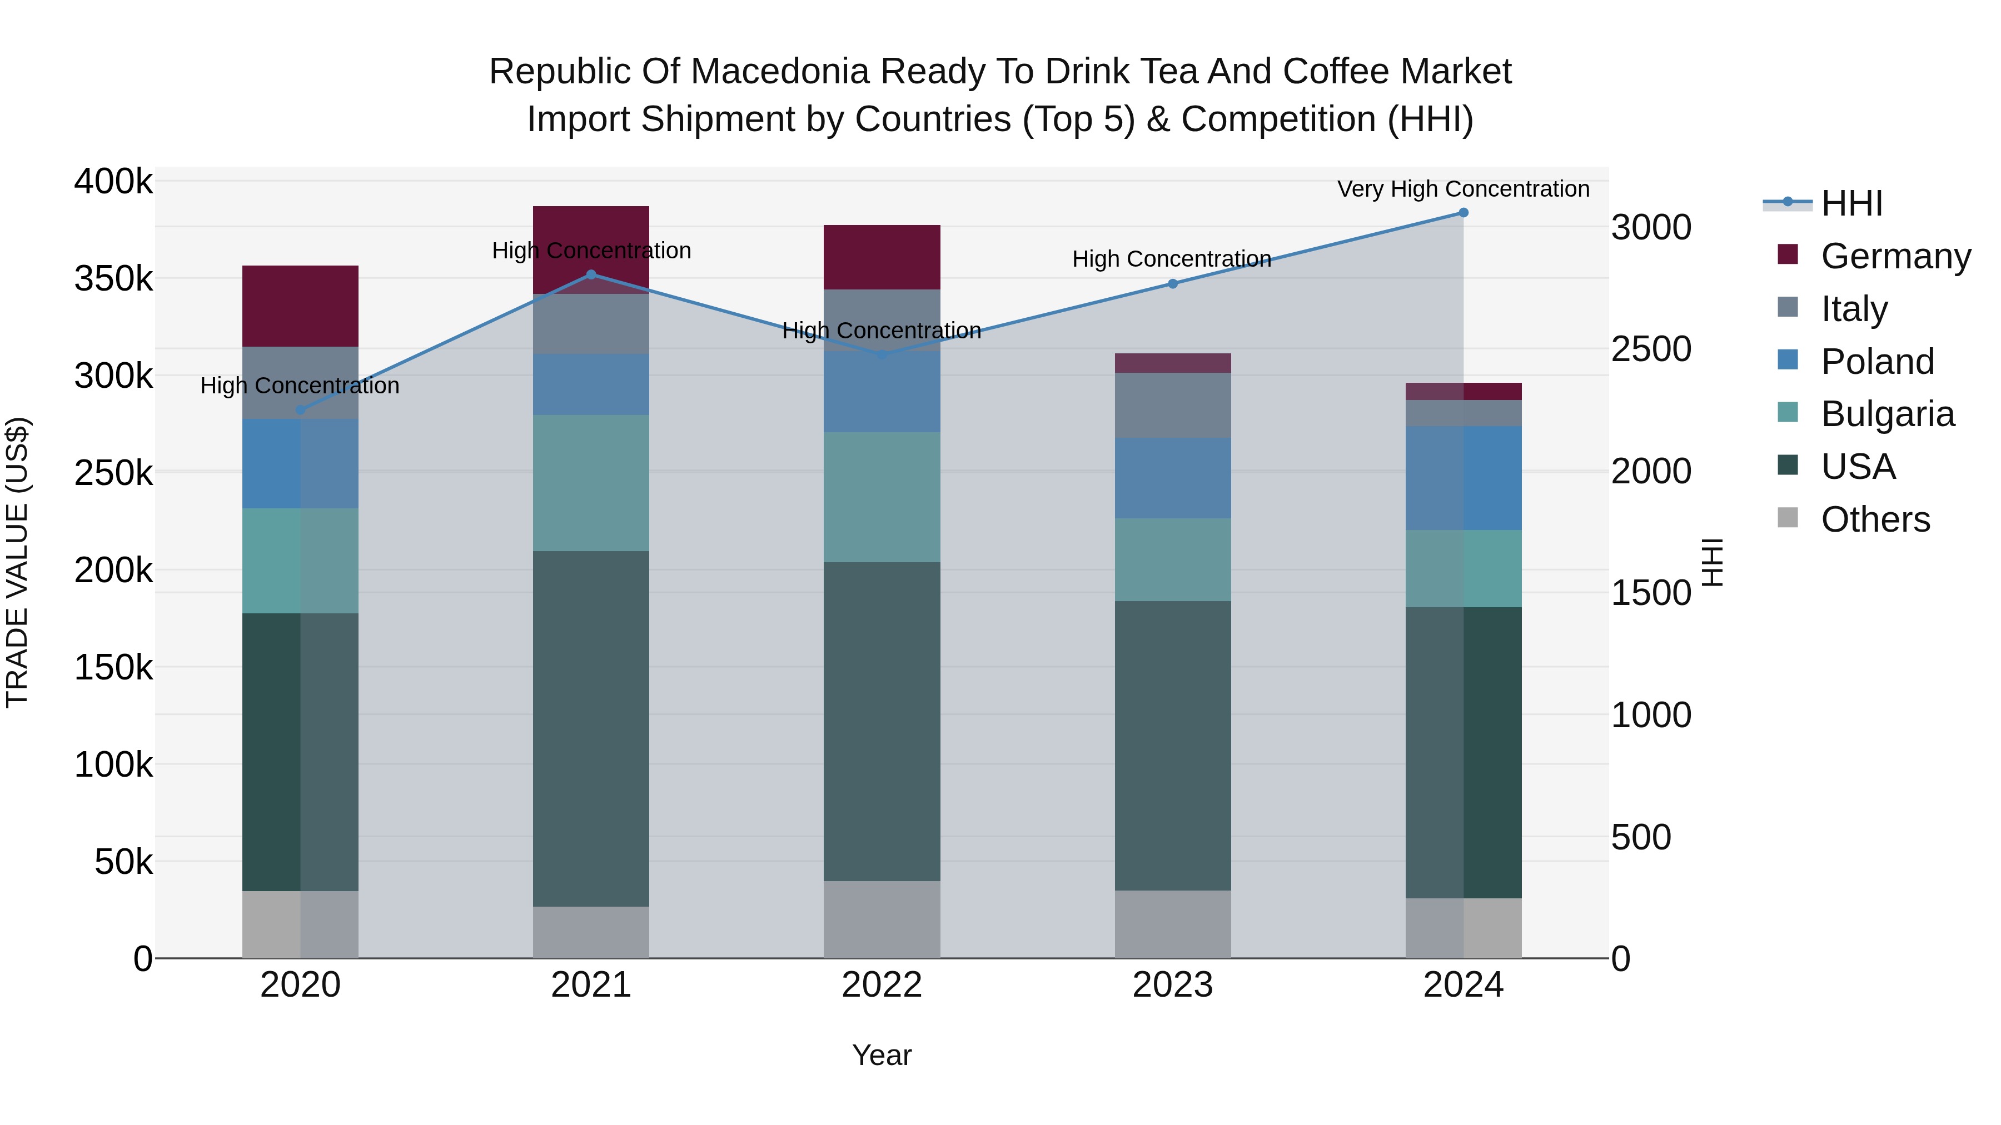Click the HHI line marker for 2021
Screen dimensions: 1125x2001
tap(591, 275)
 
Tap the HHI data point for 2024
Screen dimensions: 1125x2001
tap(1464, 213)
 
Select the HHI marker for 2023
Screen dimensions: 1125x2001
tap(1173, 284)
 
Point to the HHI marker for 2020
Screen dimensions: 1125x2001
tap(301, 410)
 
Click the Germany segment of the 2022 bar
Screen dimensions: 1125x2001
tap(882, 257)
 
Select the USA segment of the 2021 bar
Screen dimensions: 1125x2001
tap(591, 728)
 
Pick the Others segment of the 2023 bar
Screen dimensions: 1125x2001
tap(1173, 924)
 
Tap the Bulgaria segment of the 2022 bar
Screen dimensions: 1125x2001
tap(882, 497)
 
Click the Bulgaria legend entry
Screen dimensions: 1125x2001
tap(1887, 414)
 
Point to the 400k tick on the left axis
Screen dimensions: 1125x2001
tap(113, 182)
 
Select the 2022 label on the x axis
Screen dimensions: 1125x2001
tap(882, 985)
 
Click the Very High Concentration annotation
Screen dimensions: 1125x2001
tap(1464, 189)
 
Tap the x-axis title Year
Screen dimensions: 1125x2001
tap(882, 1055)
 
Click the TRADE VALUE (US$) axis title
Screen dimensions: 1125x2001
tap(17, 562)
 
